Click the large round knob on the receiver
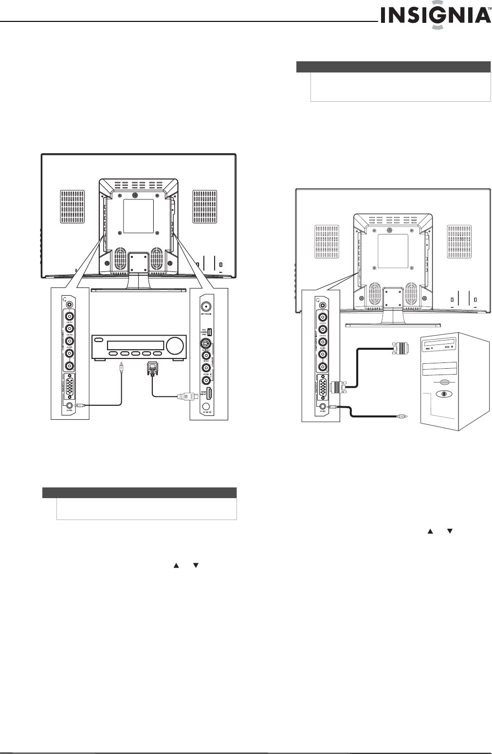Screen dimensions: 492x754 click(174, 346)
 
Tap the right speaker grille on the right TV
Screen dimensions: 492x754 click(459, 241)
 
